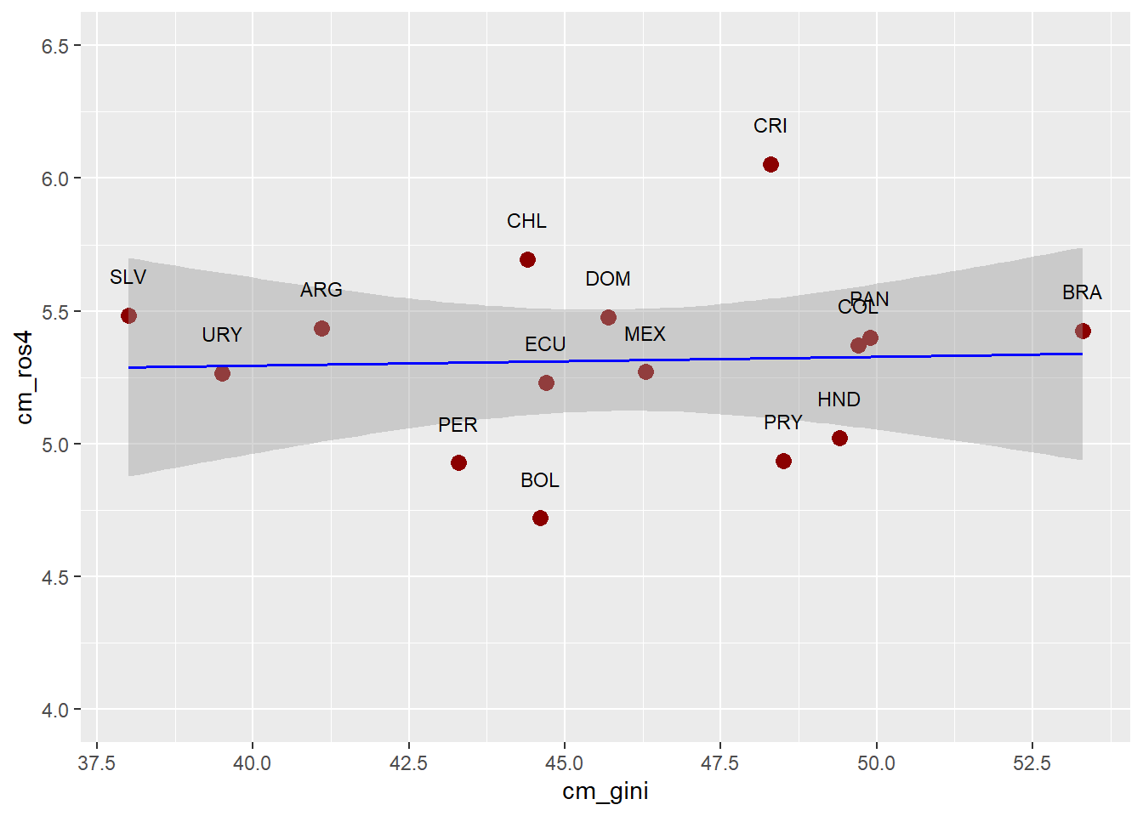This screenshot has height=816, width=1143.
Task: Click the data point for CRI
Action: tap(771, 164)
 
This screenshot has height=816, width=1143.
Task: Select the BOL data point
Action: tap(540, 518)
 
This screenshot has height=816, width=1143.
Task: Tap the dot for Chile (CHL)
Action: tap(527, 259)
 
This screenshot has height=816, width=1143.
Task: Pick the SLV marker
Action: tap(128, 315)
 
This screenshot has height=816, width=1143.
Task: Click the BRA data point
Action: tap(1083, 331)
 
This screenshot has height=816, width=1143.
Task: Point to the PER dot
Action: tap(458, 462)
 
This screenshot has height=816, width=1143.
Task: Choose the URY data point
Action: tap(222, 373)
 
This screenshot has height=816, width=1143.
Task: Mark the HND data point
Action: tap(839, 438)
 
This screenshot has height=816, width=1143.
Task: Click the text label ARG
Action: tap(321, 290)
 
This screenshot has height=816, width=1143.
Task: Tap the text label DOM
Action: tap(608, 279)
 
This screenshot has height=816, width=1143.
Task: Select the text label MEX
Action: tap(645, 334)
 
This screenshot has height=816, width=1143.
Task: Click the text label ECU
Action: tap(545, 344)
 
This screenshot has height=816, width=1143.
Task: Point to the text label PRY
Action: tap(782, 422)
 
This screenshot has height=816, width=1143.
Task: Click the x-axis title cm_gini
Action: tap(605, 791)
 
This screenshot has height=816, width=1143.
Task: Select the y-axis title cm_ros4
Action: tap(26, 377)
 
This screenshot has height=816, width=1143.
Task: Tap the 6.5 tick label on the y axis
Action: tap(55, 46)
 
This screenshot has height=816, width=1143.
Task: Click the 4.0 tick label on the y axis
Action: tap(55, 710)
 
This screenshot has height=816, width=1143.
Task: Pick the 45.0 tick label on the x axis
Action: tap(565, 763)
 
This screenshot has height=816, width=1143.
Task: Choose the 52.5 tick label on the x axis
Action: tap(1032, 763)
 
